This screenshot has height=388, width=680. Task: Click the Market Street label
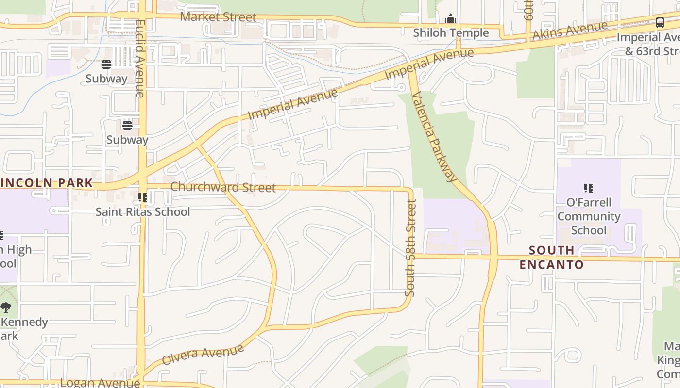coord(218,17)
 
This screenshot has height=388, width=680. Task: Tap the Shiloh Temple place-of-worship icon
coord(451,19)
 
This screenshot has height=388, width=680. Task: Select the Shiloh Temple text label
coord(451,33)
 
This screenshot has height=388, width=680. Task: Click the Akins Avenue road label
coord(570,31)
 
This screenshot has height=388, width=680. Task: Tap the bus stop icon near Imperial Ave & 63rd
coord(660,22)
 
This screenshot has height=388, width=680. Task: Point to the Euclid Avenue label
coord(140,58)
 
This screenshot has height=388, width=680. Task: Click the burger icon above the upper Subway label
coord(106,65)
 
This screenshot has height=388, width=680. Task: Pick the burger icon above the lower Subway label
coord(127,125)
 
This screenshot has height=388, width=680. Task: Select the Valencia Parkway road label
coord(434,137)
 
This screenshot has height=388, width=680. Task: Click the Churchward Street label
coord(223,187)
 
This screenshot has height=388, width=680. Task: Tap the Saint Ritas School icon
coord(143,197)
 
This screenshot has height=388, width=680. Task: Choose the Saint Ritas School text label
coord(143,212)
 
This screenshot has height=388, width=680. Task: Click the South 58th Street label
coord(411,247)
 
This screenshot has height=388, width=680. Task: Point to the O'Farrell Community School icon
coord(589,188)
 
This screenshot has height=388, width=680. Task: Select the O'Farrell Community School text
coord(589,216)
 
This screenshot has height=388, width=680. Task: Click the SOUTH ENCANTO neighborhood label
coord(551,257)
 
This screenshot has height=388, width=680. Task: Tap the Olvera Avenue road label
coord(203,355)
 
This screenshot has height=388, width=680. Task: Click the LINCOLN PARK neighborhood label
coord(47,183)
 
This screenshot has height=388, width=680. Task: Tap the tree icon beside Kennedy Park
coord(6,307)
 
